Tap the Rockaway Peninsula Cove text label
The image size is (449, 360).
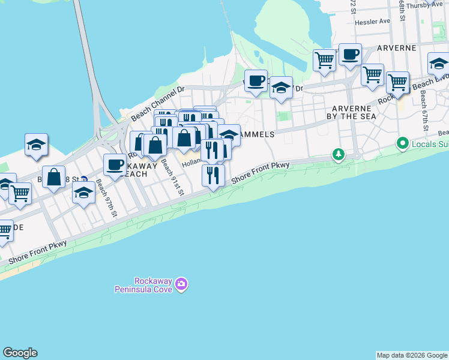click(145, 284)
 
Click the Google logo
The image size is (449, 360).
click(20, 353)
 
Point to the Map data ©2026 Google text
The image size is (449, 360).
click(412, 355)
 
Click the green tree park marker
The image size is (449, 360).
click(339, 155)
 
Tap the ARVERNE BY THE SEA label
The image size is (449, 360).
click(354, 112)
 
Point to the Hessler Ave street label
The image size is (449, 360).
click(372, 21)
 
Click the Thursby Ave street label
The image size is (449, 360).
click(425, 5)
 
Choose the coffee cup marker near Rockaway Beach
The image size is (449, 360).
click(114, 164)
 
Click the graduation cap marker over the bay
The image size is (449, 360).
click(36, 144)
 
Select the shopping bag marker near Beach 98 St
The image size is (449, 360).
click(54, 177)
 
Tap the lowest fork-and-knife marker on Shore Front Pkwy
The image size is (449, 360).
click(212, 175)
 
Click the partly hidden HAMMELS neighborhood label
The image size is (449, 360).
click(256, 135)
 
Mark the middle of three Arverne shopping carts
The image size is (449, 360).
click(372, 74)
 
